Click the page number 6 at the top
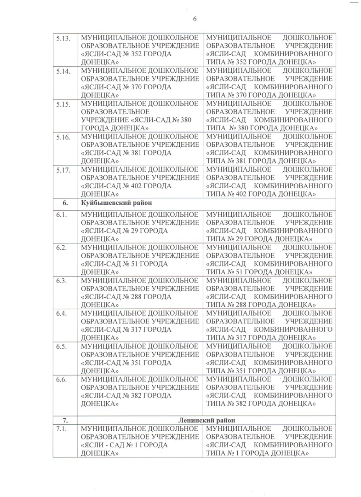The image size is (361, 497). [x=195, y=19]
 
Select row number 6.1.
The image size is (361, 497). [x=62, y=214]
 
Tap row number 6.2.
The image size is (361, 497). [x=62, y=248]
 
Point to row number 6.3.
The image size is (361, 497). [x=62, y=281]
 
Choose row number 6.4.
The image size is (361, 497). [x=62, y=314]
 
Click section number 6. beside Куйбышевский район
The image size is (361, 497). [x=65, y=203]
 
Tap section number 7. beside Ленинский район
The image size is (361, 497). [x=65, y=419]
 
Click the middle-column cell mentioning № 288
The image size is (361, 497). [x=140, y=293]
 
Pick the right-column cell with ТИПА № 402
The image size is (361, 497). [x=269, y=182]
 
